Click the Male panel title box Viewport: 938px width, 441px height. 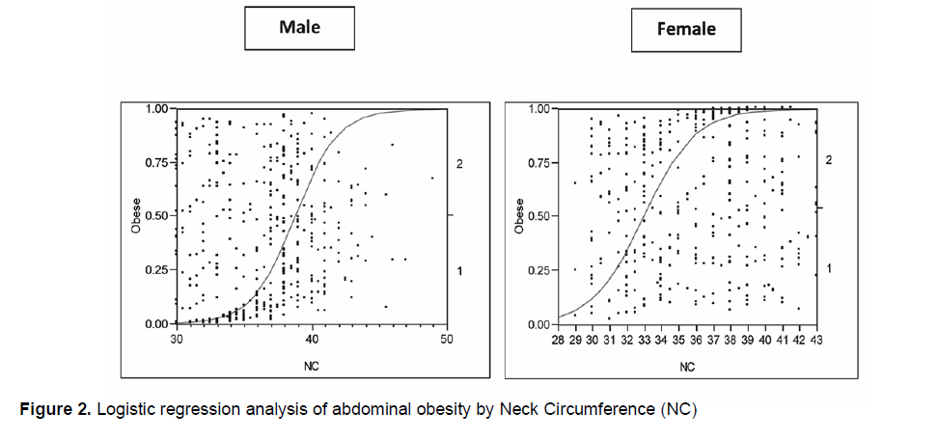pos(299,27)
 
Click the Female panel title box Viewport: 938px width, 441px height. pos(686,29)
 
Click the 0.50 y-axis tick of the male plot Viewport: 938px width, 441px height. pos(157,216)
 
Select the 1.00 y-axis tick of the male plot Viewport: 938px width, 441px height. pos(157,108)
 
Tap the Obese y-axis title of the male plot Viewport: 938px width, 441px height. pos(137,216)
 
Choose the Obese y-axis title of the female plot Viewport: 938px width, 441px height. pos(519,216)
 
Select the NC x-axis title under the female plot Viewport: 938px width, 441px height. pos(686,367)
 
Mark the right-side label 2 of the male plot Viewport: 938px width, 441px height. pos(460,165)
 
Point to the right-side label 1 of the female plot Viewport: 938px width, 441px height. pos(829,267)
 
